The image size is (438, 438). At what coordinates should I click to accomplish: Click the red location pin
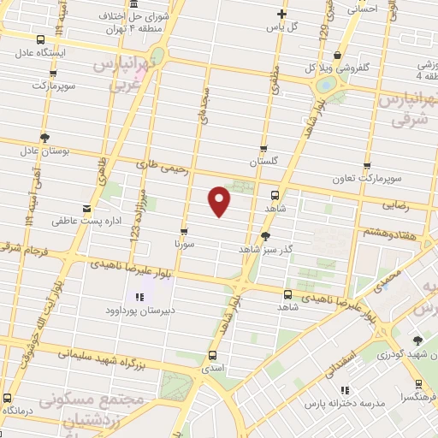(220, 200)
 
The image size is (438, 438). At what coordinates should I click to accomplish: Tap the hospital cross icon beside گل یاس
(281, 14)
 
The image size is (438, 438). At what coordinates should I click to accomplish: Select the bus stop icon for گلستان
(264, 149)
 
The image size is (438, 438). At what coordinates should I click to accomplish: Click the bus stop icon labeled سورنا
(185, 232)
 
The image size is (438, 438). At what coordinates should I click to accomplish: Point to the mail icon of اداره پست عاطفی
(86, 209)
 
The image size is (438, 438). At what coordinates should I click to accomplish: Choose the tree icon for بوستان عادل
(44, 138)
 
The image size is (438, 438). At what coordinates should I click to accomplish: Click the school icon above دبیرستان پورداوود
(139, 297)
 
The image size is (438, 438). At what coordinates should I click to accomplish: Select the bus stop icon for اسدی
(212, 355)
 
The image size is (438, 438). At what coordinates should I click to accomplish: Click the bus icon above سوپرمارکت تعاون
(367, 167)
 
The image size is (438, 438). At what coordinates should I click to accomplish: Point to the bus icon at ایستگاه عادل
(41, 39)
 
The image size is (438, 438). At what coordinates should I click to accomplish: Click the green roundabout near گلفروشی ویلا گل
(325, 86)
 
